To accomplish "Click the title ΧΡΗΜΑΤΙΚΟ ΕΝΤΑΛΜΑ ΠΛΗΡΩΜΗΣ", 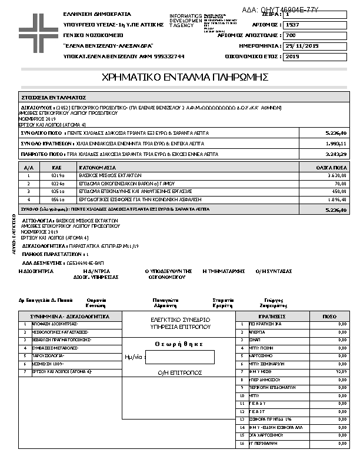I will pyautogui.click(x=185, y=77).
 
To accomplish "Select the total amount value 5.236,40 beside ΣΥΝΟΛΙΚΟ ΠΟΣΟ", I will pyautogui.click(x=336, y=133).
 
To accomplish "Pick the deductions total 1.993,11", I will pyautogui.click(x=336, y=144).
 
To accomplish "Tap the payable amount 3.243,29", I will pyautogui.click(x=336, y=154).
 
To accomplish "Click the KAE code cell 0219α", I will pyautogui.click(x=58, y=175).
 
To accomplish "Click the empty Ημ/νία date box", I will pyautogui.click(x=179, y=357).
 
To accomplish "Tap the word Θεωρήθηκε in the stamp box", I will pyautogui.click(x=179, y=344).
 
